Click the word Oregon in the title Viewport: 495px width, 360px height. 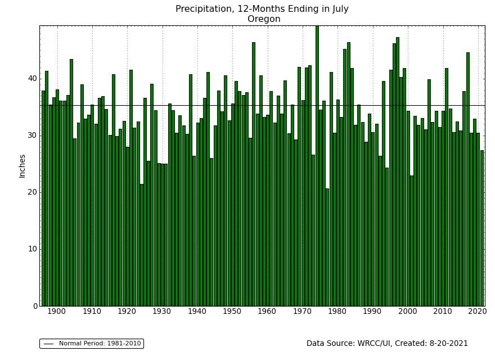click(264, 19)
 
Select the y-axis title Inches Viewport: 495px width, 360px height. click(22, 166)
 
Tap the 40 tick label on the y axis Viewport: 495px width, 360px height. click(32, 79)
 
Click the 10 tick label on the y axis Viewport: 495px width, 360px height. click(32, 249)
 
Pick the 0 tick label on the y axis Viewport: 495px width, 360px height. click(34, 306)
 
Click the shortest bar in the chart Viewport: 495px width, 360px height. click(327, 247)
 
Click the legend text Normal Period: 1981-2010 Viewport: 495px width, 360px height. click(100, 344)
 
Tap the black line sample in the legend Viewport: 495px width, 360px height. click(48, 344)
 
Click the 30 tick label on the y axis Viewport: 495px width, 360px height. click(32, 136)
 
